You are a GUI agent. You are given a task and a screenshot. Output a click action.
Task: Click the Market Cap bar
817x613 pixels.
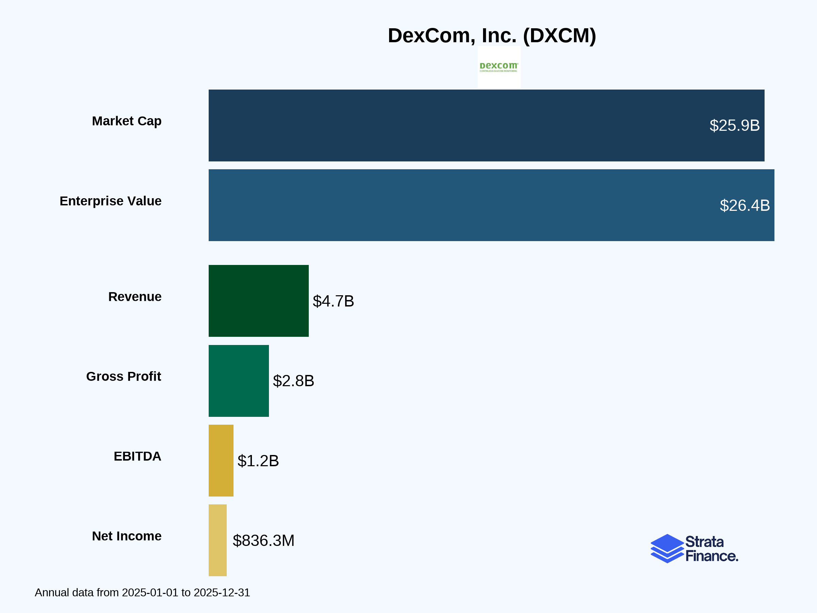443,125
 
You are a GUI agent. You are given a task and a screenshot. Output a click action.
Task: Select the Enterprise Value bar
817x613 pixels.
443,205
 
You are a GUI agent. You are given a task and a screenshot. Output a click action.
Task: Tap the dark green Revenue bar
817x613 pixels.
258,301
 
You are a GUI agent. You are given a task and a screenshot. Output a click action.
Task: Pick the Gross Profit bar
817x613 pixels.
239,381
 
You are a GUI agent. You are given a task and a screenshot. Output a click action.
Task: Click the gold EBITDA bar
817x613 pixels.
221,460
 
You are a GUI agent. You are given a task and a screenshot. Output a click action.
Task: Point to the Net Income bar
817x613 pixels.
218,540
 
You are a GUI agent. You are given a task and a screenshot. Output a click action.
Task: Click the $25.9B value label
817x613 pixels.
734,126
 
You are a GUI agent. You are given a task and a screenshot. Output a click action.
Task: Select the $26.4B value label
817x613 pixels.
744,205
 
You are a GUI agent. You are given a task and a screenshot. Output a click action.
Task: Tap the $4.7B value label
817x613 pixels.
333,301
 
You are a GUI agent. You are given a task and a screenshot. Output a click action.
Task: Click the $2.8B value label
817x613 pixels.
293,381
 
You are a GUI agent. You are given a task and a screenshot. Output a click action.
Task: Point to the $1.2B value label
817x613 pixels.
258,461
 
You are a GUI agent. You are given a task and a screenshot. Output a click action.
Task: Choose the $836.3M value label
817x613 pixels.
263,540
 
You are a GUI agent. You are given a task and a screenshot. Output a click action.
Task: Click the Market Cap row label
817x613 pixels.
127,121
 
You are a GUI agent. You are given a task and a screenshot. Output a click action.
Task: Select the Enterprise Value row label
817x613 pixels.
110,201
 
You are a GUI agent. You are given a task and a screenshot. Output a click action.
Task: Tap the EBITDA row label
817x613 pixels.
138,456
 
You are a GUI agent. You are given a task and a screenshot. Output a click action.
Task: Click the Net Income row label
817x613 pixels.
127,536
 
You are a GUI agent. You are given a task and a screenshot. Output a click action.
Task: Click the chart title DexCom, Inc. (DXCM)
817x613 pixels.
492,35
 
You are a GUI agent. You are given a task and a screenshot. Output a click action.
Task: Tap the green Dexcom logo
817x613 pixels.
499,67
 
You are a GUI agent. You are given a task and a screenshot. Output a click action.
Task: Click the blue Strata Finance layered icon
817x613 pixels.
667,548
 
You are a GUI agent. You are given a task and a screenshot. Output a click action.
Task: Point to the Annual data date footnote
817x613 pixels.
142,593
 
